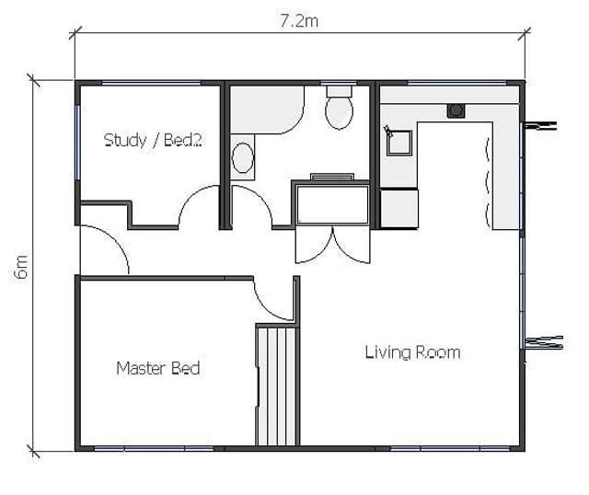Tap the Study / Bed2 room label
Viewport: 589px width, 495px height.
pos(153,141)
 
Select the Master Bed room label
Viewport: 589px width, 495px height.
pos(158,368)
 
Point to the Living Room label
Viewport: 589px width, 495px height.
pos(412,352)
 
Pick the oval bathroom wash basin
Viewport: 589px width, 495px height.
pos(243,157)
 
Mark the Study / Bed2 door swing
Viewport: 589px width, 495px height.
pos(198,207)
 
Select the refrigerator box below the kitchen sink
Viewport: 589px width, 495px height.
pos(399,207)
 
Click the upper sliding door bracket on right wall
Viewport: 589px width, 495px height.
pos(541,123)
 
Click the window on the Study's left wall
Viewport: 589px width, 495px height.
pos(77,143)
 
